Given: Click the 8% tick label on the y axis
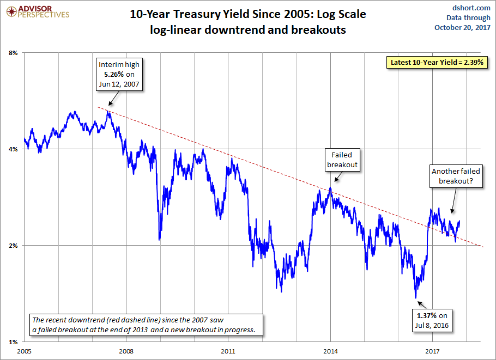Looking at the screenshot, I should click(14, 53).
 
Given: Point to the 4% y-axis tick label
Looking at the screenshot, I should click(14, 149).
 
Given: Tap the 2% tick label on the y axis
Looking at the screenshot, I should click(14, 245).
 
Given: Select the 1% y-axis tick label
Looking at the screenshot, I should click(14, 341).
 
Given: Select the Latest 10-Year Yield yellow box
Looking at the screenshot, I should click(437, 62).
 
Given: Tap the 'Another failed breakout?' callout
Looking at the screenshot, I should click(456, 177).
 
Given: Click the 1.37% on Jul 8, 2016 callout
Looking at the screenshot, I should click(431, 321).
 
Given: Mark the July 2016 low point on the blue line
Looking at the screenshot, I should click(416, 297).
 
